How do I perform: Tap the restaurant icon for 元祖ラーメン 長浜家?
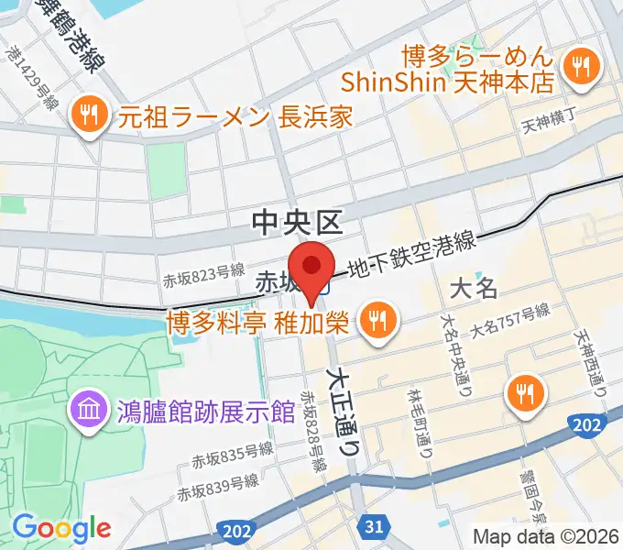pyautogui.click(x=89, y=115)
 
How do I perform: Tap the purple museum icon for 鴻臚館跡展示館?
pyautogui.click(x=89, y=406)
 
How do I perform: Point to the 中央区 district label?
pyautogui.click(x=297, y=221)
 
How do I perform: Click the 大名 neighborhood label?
pyautogui.click(x=475, y=289)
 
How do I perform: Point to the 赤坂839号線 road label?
pyautogui.click(x=218, y=486)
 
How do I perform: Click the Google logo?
pyautogui.click(x=61, y=528)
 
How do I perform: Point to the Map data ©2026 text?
pyautogui.click(x=546, y=536)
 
